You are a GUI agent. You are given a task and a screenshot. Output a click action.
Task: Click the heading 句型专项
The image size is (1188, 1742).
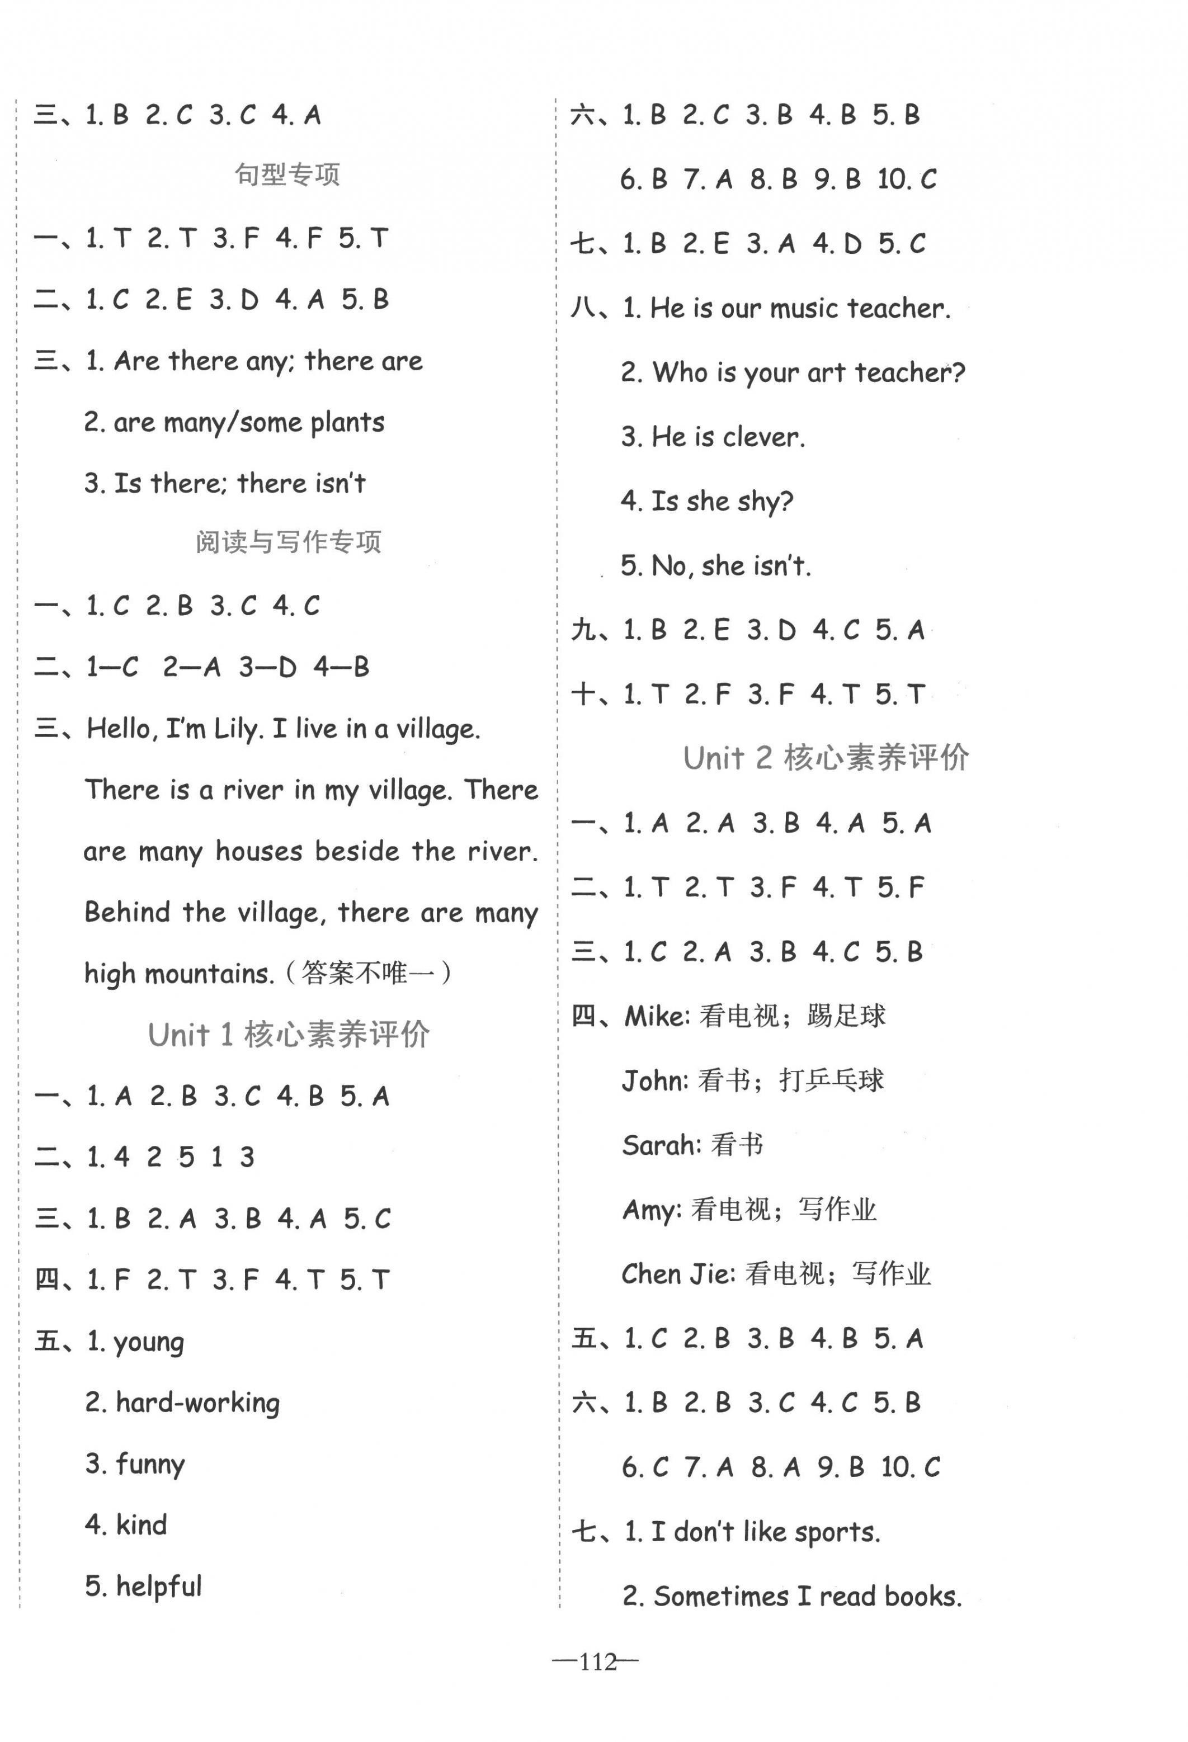coord(288,174)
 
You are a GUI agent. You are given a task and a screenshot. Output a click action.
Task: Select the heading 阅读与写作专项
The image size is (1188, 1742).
coord(289,542)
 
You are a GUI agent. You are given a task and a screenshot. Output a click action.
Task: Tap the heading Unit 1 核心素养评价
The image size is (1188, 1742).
coord(289,1035)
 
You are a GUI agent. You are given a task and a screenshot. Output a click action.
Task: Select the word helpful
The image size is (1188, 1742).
coord(159,1586)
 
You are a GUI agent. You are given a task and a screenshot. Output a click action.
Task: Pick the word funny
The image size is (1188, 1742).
coord(150,1465)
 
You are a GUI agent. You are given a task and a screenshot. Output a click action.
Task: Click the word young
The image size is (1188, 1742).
coord(148,1342)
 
